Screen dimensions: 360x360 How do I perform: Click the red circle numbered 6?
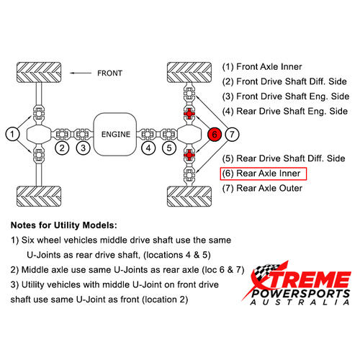pyautogui.click(x=215, y=134)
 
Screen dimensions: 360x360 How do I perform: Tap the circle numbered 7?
pyautogui.click(x=232, y=134)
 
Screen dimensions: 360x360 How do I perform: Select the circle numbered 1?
pyautogui.click(x=12, y=134)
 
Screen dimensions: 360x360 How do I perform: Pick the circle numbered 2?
pyautogui.click(x=62, y=148)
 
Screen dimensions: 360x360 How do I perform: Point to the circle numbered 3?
pyautogui.click(x=83, y=148)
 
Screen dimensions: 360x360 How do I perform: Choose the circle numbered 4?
pyautogui.click(x=148, y=148)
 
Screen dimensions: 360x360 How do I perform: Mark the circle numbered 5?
pyautogui.click(x=169, y=148)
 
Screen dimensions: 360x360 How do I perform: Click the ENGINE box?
pyautogui.click(x=115, y=134)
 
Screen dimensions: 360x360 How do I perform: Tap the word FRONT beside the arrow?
pyautogui.click(x=110, y=73)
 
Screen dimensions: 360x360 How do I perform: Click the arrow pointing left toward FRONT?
pyautogui.click(x=81, y=73)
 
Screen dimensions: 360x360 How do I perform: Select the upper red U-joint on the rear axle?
pyautogui.click(x=189, y=113)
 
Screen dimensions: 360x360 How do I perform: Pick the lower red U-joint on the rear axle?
pyautogui.click(x=189, y=156)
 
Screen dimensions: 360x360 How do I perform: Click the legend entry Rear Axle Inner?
pyautogui.click(x=264, y=174)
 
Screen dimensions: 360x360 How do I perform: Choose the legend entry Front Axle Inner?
pyautogui.click(x=262, y=67)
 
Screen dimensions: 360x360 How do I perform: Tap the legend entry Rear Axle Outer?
pyautogui.click(x=262, y=188)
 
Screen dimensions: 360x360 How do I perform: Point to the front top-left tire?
pyautogui.click(x=39, y=73)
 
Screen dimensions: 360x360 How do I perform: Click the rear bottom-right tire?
pyautogui.click(x=189, y=197)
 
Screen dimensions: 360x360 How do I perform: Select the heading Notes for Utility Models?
pyautogui.click(x=64, y=225)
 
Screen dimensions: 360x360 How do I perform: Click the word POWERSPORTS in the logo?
pyautogui.click(x=301, y=294)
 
